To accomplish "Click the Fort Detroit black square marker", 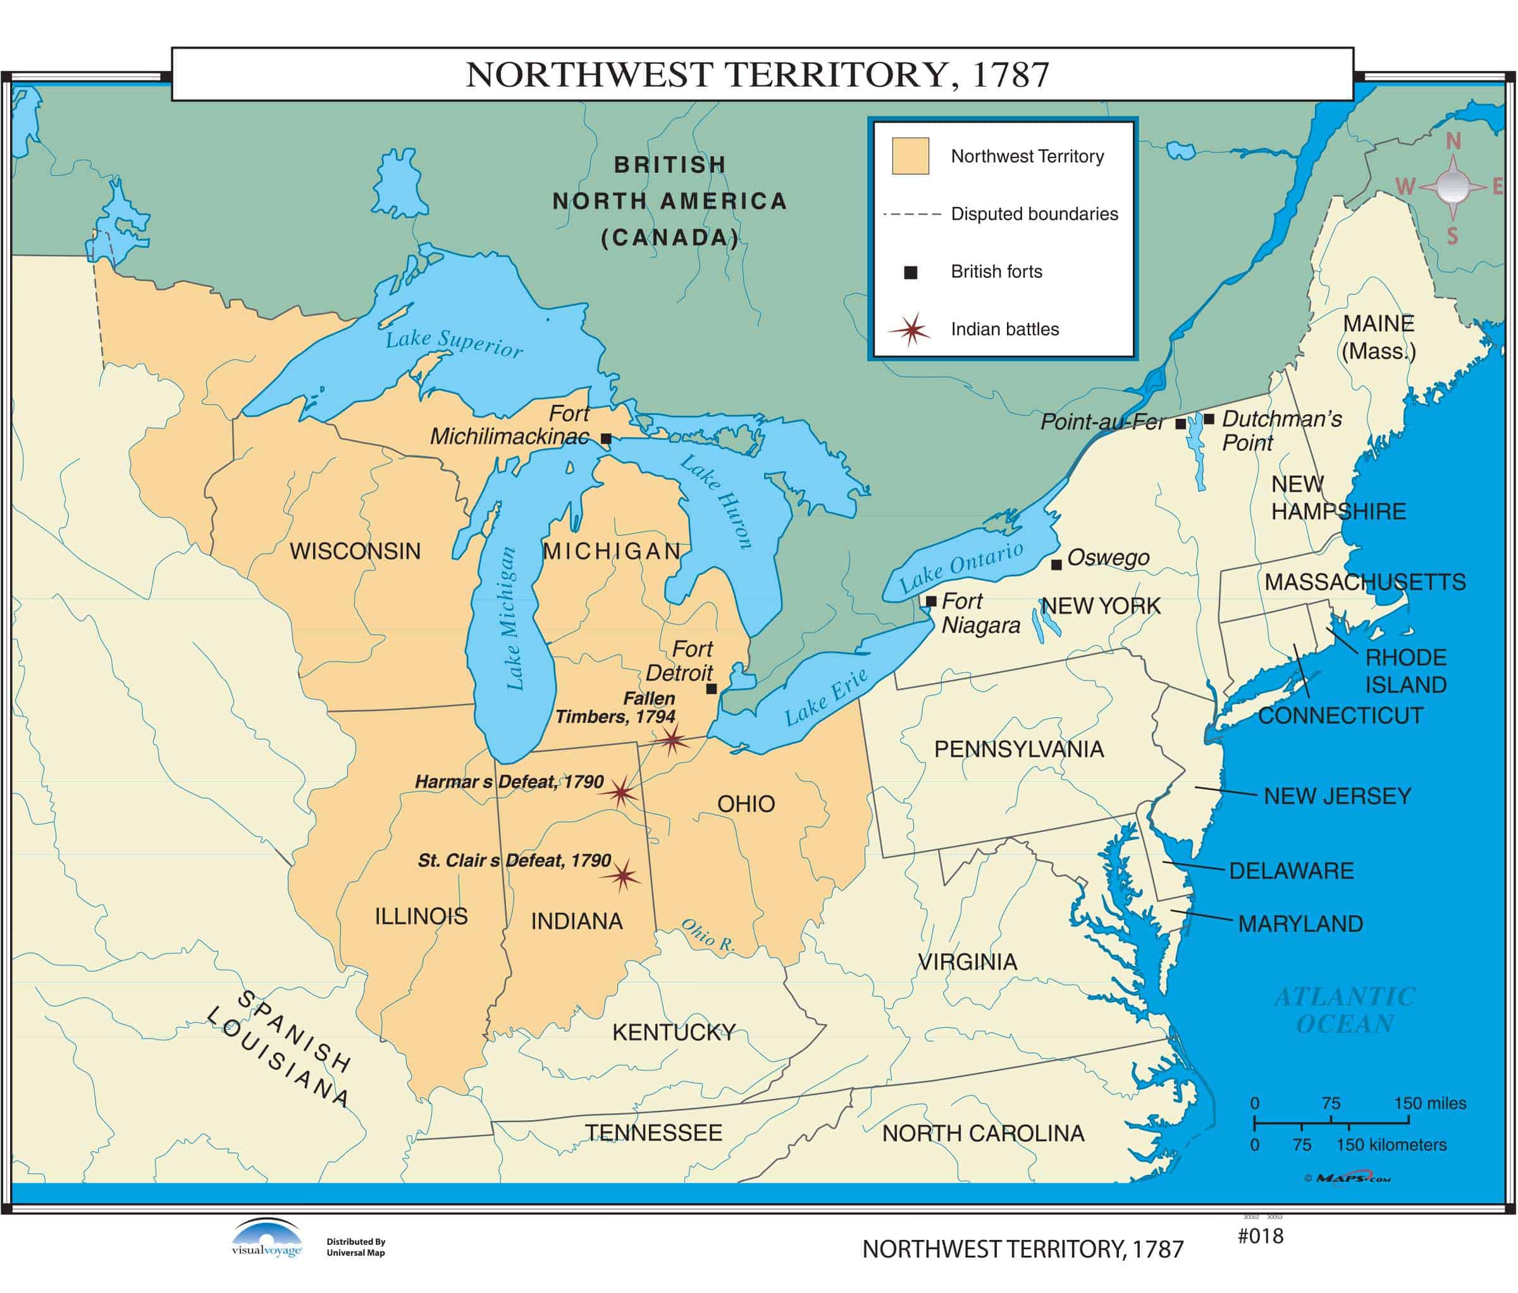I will click(x=711, y=689).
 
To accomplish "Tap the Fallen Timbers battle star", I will click(x=672, y=741).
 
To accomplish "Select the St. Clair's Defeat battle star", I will click(x=623, y=875).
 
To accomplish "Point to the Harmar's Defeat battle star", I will click(x=620, y=792).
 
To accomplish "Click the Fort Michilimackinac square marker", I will click(x=606, y=439).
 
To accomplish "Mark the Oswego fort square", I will click(x=1056, y=565).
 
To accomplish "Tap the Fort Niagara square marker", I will click(x=931, y=602).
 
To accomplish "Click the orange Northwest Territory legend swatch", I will click(x=910, y=156).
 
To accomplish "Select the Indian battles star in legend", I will click(x=911, y=330).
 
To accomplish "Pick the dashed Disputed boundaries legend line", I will click(x=911, y=214).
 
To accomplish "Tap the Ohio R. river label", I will click(x=708, y=936).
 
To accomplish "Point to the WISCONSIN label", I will click(x=355, y=551).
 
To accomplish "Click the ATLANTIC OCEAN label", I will click(x=1344, y=1010).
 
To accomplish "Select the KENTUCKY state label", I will click(x=673, y=1032).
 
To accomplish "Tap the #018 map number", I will click(x=1260, y=1237).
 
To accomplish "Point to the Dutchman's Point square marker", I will click(x=1209, y=419).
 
